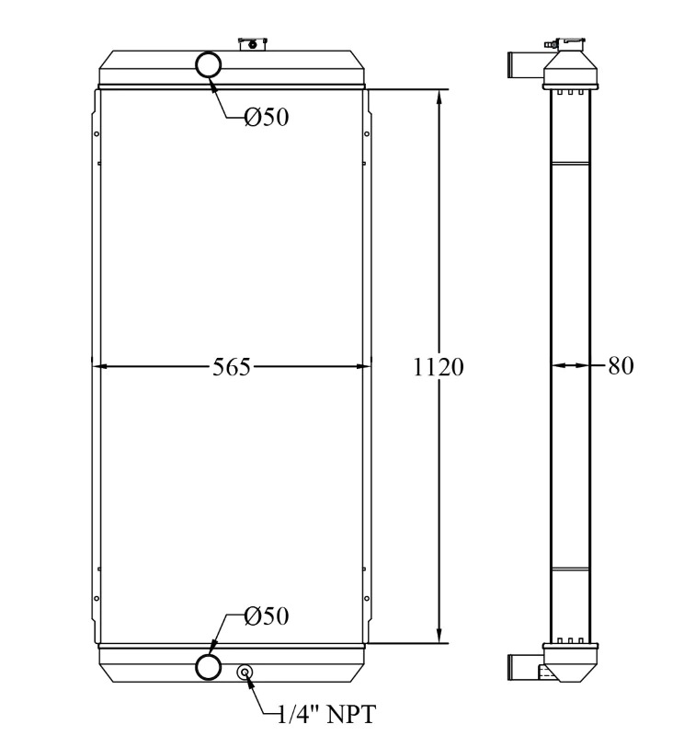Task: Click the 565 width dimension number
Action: click(232, 366)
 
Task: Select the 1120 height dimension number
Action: click(439, 366)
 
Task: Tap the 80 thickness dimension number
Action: click(621, 365)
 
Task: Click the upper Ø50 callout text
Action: click(267, 117)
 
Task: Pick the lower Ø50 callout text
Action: click(267, 615)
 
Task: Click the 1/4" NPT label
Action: click(327, 715)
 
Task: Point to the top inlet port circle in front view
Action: click(209, 64)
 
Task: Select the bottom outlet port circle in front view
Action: click(209, 666)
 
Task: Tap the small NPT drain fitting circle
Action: click(245, 673)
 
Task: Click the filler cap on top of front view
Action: click(253, 44)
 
